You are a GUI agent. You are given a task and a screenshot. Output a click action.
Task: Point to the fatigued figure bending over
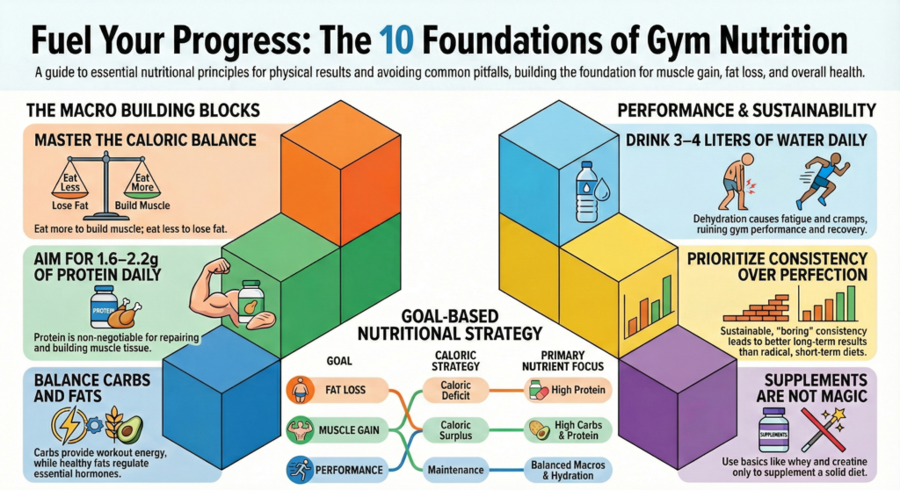coord(736,184)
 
